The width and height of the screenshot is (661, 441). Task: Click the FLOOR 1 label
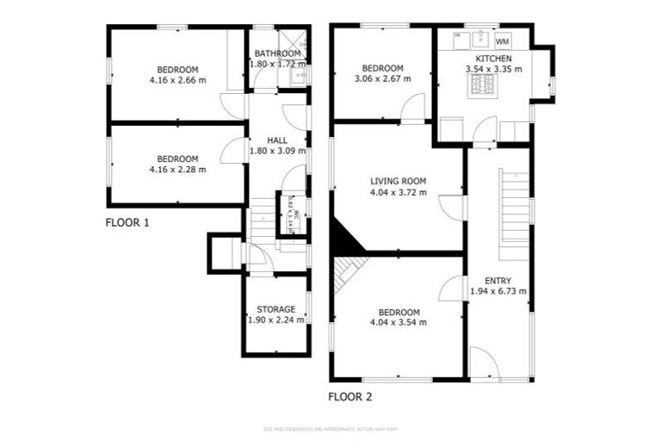(x=127, y=222)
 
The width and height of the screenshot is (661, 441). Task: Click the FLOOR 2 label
(x=350, y=398)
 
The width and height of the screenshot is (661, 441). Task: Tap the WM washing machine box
(x=503, y=40)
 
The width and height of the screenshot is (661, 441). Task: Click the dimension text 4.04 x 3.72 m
(x=398, y=192)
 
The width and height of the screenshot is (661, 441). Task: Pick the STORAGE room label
(x=275, y=309)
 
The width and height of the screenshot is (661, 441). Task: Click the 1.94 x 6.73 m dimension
(x=497, y=291)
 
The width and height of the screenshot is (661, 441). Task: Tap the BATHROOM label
(x=276, y=53)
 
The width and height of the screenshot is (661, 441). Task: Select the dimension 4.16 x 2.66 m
(x=177, y=81)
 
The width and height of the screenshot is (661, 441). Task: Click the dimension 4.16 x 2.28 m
(x=177, y=170)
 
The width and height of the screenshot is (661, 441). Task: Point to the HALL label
(x=276, y=140)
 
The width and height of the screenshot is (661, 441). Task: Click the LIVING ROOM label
(x=398, y=181)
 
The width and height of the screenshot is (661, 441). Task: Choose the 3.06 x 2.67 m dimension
(x=382, y=79)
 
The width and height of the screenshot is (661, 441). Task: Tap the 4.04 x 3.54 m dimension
(x=398, y=323)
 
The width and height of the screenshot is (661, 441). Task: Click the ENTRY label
(x=497, y=280)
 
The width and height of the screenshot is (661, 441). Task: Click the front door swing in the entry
(x=483, y=364)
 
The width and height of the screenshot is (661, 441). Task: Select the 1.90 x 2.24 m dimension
(x=275, y=320)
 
